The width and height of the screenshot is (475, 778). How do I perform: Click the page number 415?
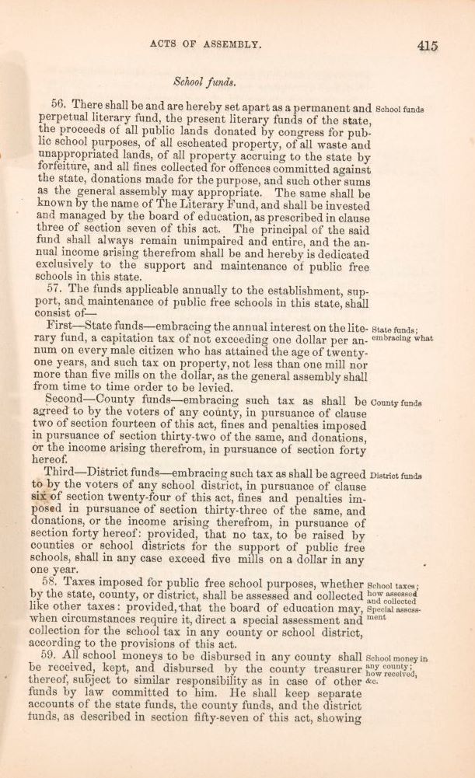pyautogui.click(x=428, y=46)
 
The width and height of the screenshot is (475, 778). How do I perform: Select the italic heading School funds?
pyautogui.click(x=204, y=80)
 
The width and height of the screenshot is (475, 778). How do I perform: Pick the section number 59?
pyautogui.click(x=50, y=657)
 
